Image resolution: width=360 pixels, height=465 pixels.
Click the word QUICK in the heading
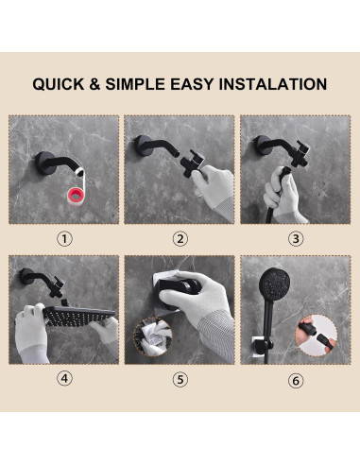59,84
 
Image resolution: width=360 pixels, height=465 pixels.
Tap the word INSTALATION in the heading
273,84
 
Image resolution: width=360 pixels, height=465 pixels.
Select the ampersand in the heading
94,84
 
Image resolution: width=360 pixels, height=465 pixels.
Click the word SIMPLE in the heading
135,84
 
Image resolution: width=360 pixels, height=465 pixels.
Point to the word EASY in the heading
192,84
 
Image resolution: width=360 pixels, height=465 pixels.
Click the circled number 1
64,239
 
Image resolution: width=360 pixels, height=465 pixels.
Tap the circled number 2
180,239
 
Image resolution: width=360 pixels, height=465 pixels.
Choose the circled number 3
296,239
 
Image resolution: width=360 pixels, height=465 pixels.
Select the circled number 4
64,378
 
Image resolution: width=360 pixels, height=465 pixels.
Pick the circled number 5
180,379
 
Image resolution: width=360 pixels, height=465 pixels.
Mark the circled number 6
296,381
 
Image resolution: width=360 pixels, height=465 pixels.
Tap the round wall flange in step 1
43,163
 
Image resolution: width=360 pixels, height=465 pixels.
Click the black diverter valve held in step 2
192,164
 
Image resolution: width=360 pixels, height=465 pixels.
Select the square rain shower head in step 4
78,316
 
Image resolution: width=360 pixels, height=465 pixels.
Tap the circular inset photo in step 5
153,336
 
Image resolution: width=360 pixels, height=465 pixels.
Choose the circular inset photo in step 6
317,336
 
